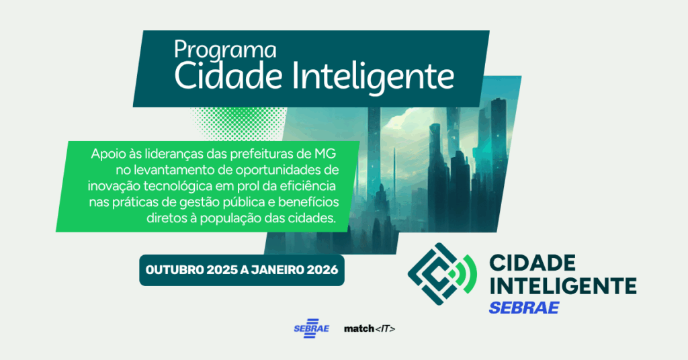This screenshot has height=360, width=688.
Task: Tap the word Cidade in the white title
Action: tap(228, 77)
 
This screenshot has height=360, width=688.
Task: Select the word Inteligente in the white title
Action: tap(373, 78)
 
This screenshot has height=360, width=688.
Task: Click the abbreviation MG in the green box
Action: tap(325, 154)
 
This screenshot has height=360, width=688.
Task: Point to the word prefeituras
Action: tap(262, 154)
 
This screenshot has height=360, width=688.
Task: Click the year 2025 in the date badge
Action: tap(222, 270)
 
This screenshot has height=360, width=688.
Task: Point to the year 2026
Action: tap(322, 270)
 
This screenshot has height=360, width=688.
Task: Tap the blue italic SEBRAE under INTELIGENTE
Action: tap(524, 308)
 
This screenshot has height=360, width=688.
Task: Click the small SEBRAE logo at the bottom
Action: tap(311, 328)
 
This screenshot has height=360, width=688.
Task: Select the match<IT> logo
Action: tap(370, 328)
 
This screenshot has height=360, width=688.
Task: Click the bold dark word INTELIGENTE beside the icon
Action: tap(562, 285)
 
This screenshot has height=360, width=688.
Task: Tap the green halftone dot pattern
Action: tap(239, 124)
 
